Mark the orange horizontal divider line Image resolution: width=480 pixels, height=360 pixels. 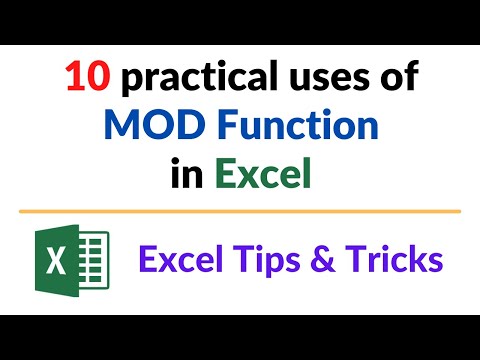(x=240, y=211)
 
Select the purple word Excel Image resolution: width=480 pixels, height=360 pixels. (x=179, y=260)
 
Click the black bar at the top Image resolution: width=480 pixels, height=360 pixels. (x=240, y=20)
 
